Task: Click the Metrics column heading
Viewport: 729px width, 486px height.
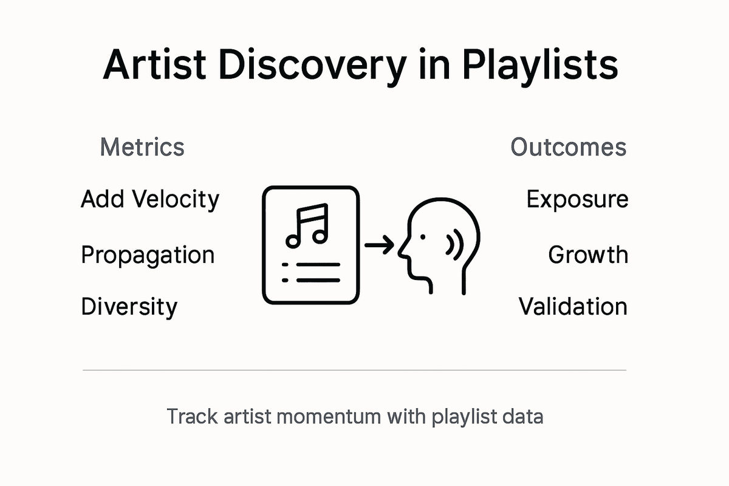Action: tap(142, 147)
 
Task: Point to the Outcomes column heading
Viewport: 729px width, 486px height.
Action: tap(568, 147)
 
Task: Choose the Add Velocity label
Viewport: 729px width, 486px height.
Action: tap(150, 199)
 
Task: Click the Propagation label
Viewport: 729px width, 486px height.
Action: tap(148, 255)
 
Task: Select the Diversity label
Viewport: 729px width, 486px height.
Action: tap(129, 307)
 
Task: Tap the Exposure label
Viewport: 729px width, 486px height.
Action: tap(577, 199)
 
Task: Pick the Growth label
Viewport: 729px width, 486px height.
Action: tap(587, 255)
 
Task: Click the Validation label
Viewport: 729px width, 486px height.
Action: tap(573, 307)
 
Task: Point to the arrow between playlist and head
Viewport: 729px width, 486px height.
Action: tap(379, 245)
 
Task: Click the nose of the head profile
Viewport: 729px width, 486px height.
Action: tap(402, 249)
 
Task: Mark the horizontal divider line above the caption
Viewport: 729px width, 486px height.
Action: tap(354, 369)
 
